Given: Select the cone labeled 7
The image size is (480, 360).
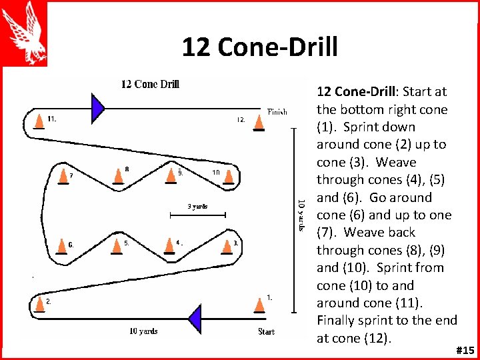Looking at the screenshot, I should [63, 177].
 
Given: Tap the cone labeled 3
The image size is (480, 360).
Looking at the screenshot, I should [229, 247].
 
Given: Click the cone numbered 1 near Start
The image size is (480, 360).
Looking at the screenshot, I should [259, 304].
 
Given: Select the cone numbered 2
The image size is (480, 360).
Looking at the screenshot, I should [38, 304].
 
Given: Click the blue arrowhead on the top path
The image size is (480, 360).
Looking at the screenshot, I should [98, 107].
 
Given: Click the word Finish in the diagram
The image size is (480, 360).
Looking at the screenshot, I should [277, 112].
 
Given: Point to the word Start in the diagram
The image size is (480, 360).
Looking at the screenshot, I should [266, 331].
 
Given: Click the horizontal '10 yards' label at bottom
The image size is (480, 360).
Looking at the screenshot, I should [143, 331].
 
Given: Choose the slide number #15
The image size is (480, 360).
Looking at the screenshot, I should [465, 350].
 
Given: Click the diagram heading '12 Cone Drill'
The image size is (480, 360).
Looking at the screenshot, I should [150, 84].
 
